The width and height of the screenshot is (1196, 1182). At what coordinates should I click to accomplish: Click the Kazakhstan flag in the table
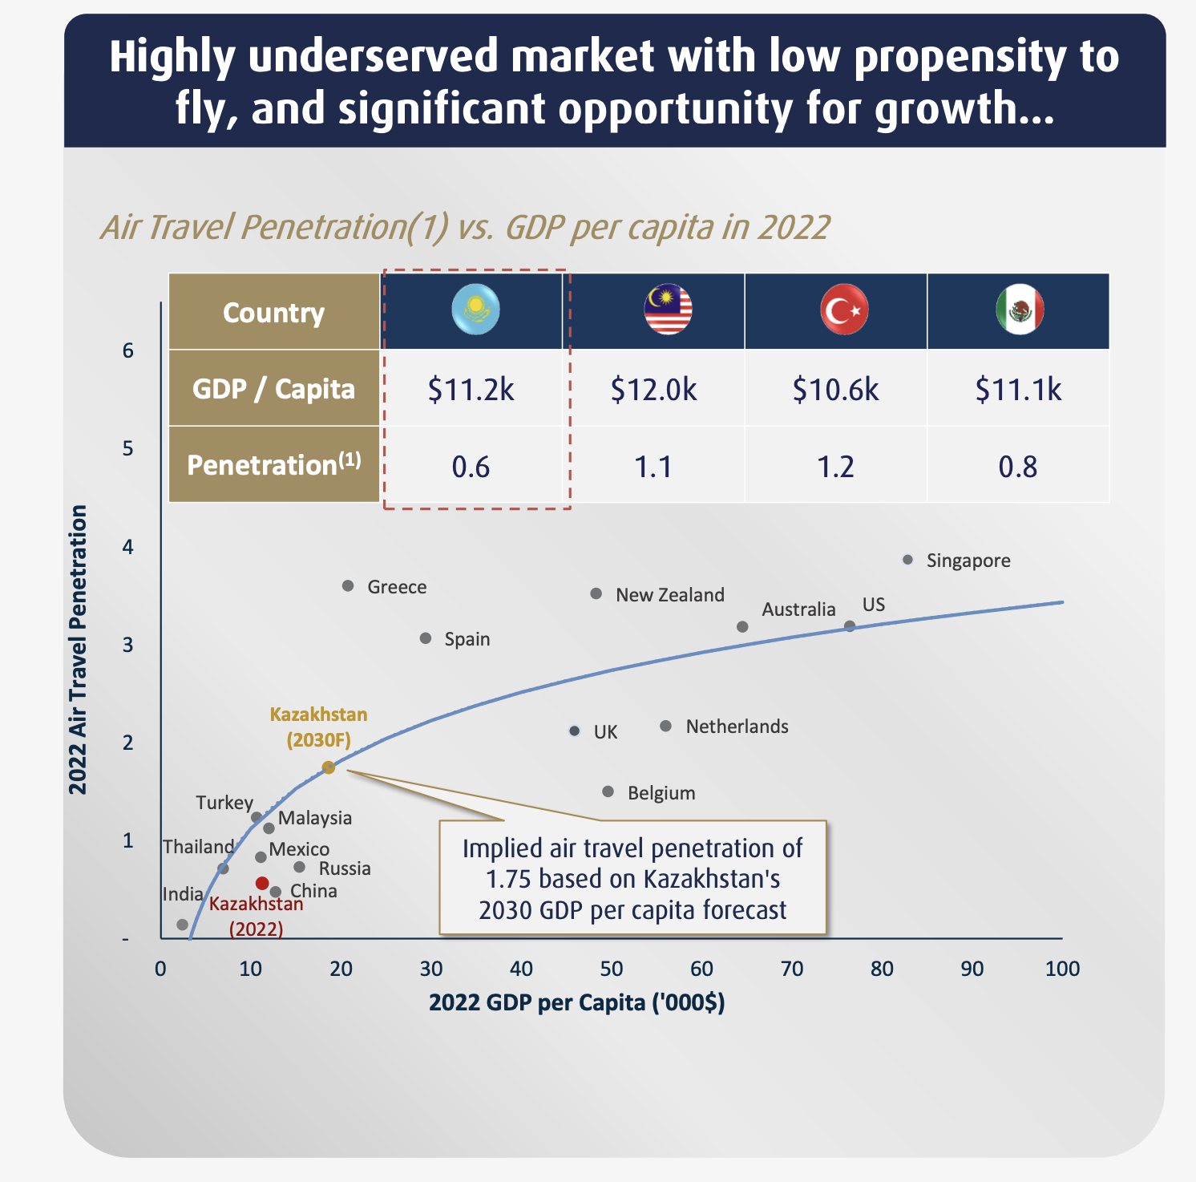pos(475,310)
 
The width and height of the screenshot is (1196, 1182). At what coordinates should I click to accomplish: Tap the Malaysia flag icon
pos(668,310)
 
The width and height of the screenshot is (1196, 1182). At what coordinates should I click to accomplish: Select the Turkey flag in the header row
pos(844,310)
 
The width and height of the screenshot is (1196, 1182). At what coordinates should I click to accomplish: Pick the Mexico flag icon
pos(1020,310)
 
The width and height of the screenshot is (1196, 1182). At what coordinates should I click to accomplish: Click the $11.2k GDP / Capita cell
pos(471,389)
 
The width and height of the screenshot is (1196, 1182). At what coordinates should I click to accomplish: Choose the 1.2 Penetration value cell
pos(835,466)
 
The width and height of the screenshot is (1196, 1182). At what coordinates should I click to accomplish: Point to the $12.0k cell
pos(653,389)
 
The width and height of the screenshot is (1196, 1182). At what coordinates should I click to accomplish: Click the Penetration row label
pos(273,465)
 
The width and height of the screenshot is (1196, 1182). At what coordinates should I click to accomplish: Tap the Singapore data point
pos(907,560)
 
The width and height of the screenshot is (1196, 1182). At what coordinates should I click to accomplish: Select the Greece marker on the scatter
pos(348,586)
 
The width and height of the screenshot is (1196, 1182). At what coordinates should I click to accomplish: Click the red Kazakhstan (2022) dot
pos(262,883)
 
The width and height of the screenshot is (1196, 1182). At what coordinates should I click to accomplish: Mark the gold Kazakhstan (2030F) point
pos(329,767)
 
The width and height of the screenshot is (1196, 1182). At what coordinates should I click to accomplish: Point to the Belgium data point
pos(608,791)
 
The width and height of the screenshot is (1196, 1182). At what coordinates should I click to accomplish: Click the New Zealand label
pos(670,595)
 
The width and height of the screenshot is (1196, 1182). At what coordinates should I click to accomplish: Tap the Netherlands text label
pos(737,727)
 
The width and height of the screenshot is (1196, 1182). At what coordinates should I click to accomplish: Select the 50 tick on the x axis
pos(612,969)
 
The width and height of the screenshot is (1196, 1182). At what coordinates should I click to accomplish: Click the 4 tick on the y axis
pos(128,547)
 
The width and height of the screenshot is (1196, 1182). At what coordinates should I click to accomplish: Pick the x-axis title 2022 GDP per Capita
pos(576,1003)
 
